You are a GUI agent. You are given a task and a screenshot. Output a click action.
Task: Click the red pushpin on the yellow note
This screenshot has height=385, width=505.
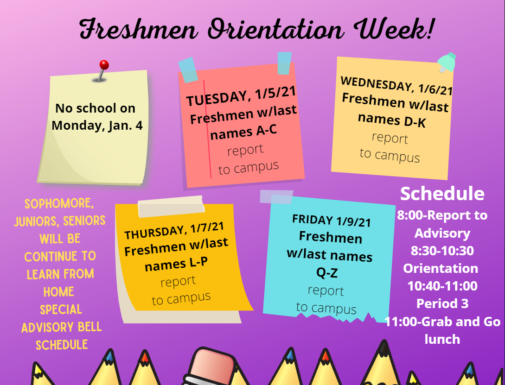point(104,65)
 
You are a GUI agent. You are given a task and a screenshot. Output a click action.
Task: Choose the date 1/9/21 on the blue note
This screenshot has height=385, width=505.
point(353,221)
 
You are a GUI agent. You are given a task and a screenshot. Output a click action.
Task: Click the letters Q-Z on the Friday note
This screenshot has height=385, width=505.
point(327,273)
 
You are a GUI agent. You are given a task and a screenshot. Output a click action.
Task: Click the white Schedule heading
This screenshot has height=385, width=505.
point(442,194)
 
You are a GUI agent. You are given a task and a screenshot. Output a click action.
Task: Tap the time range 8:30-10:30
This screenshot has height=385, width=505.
point(442,251)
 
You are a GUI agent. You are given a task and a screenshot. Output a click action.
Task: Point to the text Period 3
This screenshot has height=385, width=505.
point(442,303)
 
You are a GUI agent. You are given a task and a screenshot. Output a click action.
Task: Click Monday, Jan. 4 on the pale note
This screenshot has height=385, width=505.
point(97,126)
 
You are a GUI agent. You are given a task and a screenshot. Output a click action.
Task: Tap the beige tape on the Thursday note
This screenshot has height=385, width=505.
point(171,206)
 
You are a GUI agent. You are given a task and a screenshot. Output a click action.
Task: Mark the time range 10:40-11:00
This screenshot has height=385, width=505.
point(442,286)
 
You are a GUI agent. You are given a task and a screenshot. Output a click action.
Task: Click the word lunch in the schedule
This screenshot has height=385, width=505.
point(442,339)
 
